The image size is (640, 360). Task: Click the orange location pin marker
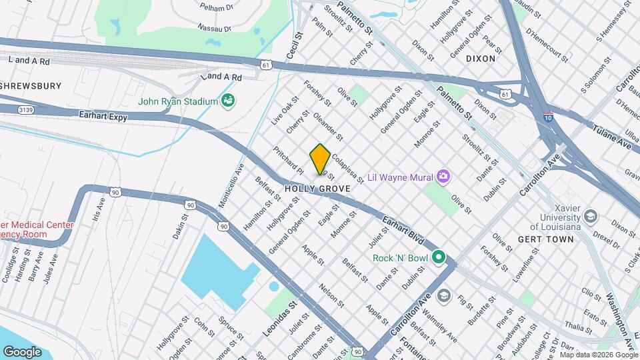tap(320, 159)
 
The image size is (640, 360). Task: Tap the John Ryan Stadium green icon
tap(229, 101)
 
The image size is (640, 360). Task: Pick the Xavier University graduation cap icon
tap(590, 217)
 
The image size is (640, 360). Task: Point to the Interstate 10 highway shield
tap(547, 116)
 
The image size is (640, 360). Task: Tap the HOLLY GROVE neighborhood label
tap(317, 189)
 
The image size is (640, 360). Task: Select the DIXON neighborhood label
tap(480, 59)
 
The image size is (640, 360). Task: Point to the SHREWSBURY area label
tap(31, 86)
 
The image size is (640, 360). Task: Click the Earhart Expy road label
tap(102, 115)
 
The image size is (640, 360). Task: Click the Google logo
tap(23, 351)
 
